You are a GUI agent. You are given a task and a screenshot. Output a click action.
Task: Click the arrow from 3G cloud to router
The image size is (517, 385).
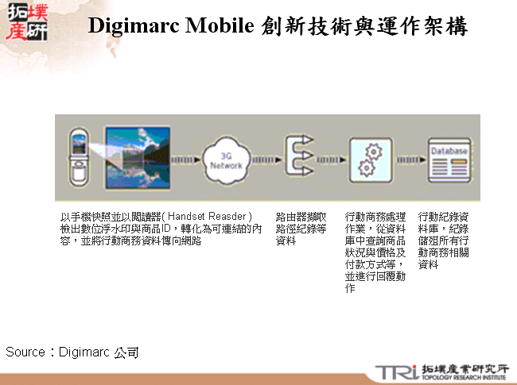[x=266, y=157]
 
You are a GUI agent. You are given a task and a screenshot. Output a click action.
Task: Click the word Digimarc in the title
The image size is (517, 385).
[x=131, y=26]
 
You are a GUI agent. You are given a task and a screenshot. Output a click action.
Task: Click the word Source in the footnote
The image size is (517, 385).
[x=25, y=351]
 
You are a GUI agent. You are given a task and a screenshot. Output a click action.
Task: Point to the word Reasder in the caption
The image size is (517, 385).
[x=231, y=216]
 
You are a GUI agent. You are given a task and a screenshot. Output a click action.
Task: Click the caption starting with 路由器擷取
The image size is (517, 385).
[x=301, y=228]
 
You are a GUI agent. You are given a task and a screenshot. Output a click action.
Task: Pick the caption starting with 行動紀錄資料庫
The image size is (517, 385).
[x=447, y=240]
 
